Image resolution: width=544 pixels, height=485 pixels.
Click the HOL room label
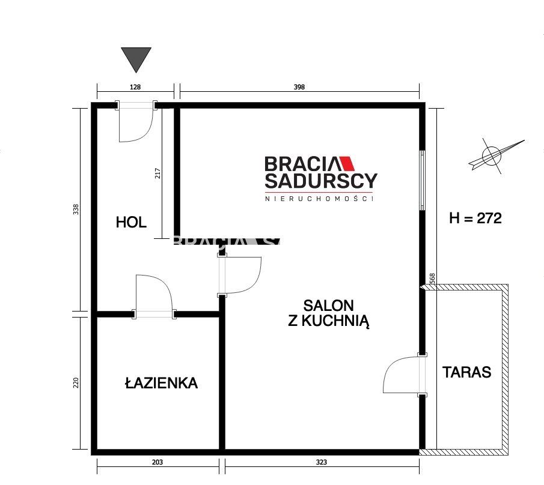131,222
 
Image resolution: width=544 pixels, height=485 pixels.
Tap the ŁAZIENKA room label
161,382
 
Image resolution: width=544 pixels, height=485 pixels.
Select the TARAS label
466,372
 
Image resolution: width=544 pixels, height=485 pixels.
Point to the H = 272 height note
475,218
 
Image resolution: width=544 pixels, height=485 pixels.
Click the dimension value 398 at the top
299,87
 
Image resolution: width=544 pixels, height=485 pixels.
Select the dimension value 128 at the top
135,87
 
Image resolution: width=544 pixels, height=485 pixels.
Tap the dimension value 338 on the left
76,209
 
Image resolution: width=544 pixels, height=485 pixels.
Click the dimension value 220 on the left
76,382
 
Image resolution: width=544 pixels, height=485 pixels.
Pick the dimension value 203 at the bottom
157,462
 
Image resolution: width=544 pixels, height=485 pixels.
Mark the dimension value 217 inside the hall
158,173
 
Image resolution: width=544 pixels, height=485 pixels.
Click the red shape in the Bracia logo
348,163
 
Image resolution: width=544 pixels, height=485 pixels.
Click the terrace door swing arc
400,375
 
